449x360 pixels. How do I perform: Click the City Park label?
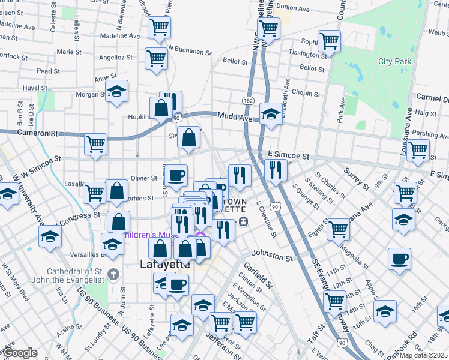point(394,61)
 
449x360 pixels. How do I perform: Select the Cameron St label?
point(37,132)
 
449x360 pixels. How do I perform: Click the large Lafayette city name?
point(164,263)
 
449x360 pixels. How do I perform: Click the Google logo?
point(20,353)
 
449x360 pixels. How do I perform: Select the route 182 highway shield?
point(249,100)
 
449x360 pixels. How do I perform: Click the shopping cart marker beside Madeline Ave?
point(160,26)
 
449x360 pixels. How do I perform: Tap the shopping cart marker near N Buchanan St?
point(156,59)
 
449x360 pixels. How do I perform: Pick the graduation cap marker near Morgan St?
point(117,91)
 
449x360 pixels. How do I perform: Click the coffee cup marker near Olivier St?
point(176,175)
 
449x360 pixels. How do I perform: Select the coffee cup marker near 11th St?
point(399,259)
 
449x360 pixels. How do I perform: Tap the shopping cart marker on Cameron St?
point(95,144)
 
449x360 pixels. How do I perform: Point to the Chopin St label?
point(306,94)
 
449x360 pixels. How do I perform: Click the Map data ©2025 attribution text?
point(424,355)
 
